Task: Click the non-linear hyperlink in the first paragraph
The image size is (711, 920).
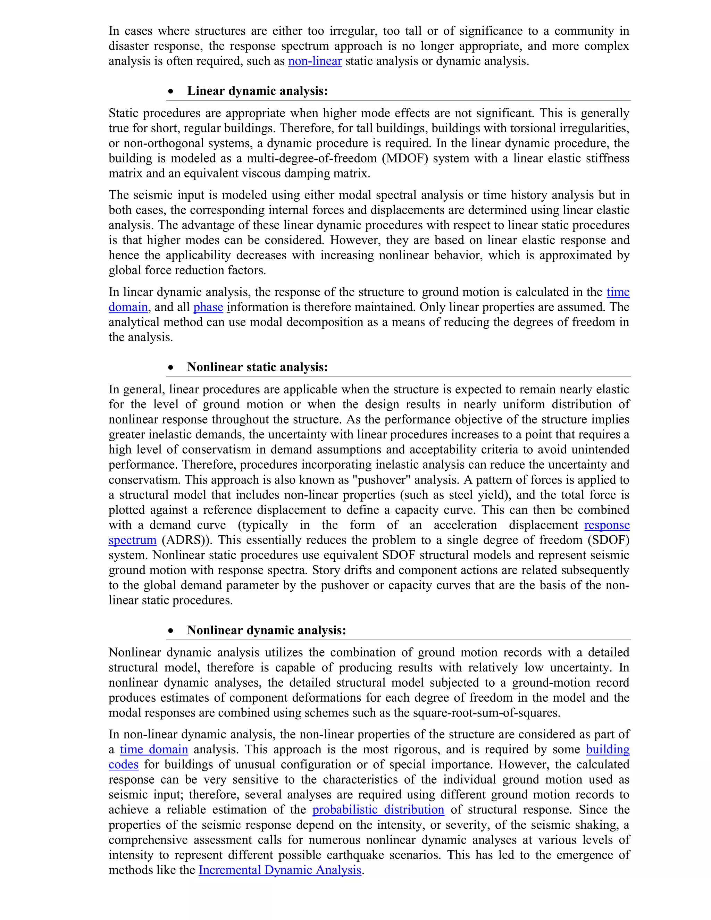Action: tap(315, 61)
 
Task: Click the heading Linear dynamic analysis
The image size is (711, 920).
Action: tap(257, 91)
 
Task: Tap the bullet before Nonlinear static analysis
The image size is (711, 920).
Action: tap(170, 367)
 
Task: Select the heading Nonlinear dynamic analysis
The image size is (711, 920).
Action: tap(266, 630)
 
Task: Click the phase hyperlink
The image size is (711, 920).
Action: tap(208, 307)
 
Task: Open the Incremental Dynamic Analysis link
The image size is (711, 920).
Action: tap(280, 870)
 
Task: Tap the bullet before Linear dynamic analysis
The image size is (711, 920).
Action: tap(170, 91)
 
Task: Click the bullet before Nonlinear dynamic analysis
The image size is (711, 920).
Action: tap(170, 630)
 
